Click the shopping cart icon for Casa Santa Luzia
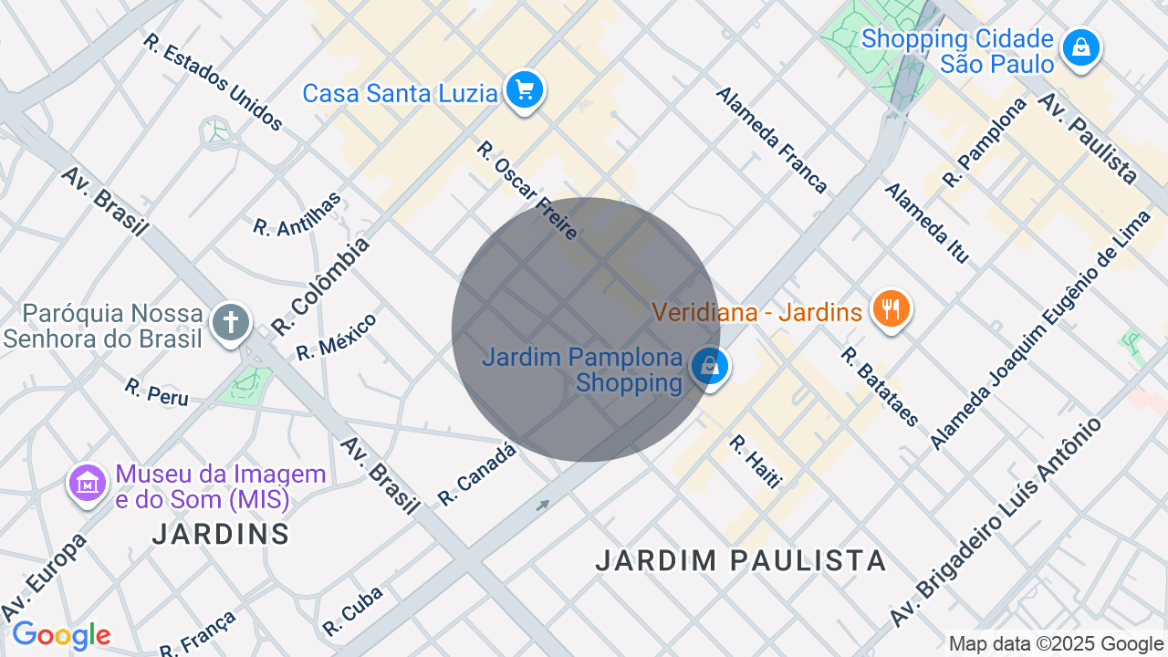(525, 90)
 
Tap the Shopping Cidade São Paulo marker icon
(1081, 47)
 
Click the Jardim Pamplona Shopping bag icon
(708, 367)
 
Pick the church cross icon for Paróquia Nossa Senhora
(231, 323)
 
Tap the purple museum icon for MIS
(89, 483)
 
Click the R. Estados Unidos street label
(213, 82)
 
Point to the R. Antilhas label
(297, 214)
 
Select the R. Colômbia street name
(321, 285)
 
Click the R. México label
(336, 337)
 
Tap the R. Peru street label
(156, 391)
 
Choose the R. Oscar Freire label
(527, 190)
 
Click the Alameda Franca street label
(771, 140)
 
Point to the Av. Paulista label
(1087, 138)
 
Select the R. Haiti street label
(755, 461)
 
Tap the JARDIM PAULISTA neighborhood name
(740, 560)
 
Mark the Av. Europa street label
(44, 577)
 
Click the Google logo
(61, 635)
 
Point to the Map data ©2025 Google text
(1056, 644)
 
